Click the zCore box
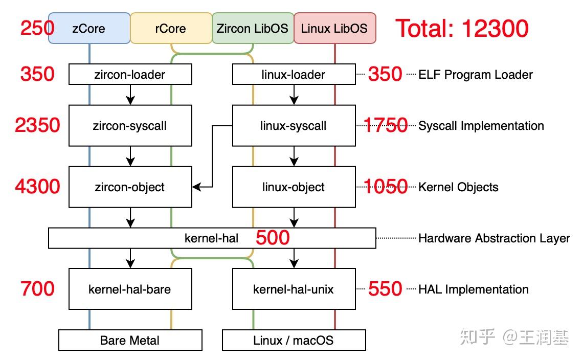[89, 28]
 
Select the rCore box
[170, 28]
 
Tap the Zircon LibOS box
[253, 28]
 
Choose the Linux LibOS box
[334, 28]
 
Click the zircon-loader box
[130, 75]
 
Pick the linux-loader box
[294, 75]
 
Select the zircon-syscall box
[130, 126]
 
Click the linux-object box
[294, 187]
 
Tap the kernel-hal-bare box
[130, 289]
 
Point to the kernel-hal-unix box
[294, 289]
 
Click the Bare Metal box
[130, 340]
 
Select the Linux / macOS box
[294, 340]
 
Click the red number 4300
[38, 187]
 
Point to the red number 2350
[38, 125]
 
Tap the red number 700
[38, 289]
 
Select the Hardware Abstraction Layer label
[494, 238]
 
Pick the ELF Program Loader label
[476, 75]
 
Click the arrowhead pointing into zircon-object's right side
[196, 187]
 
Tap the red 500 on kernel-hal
[273, 238]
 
